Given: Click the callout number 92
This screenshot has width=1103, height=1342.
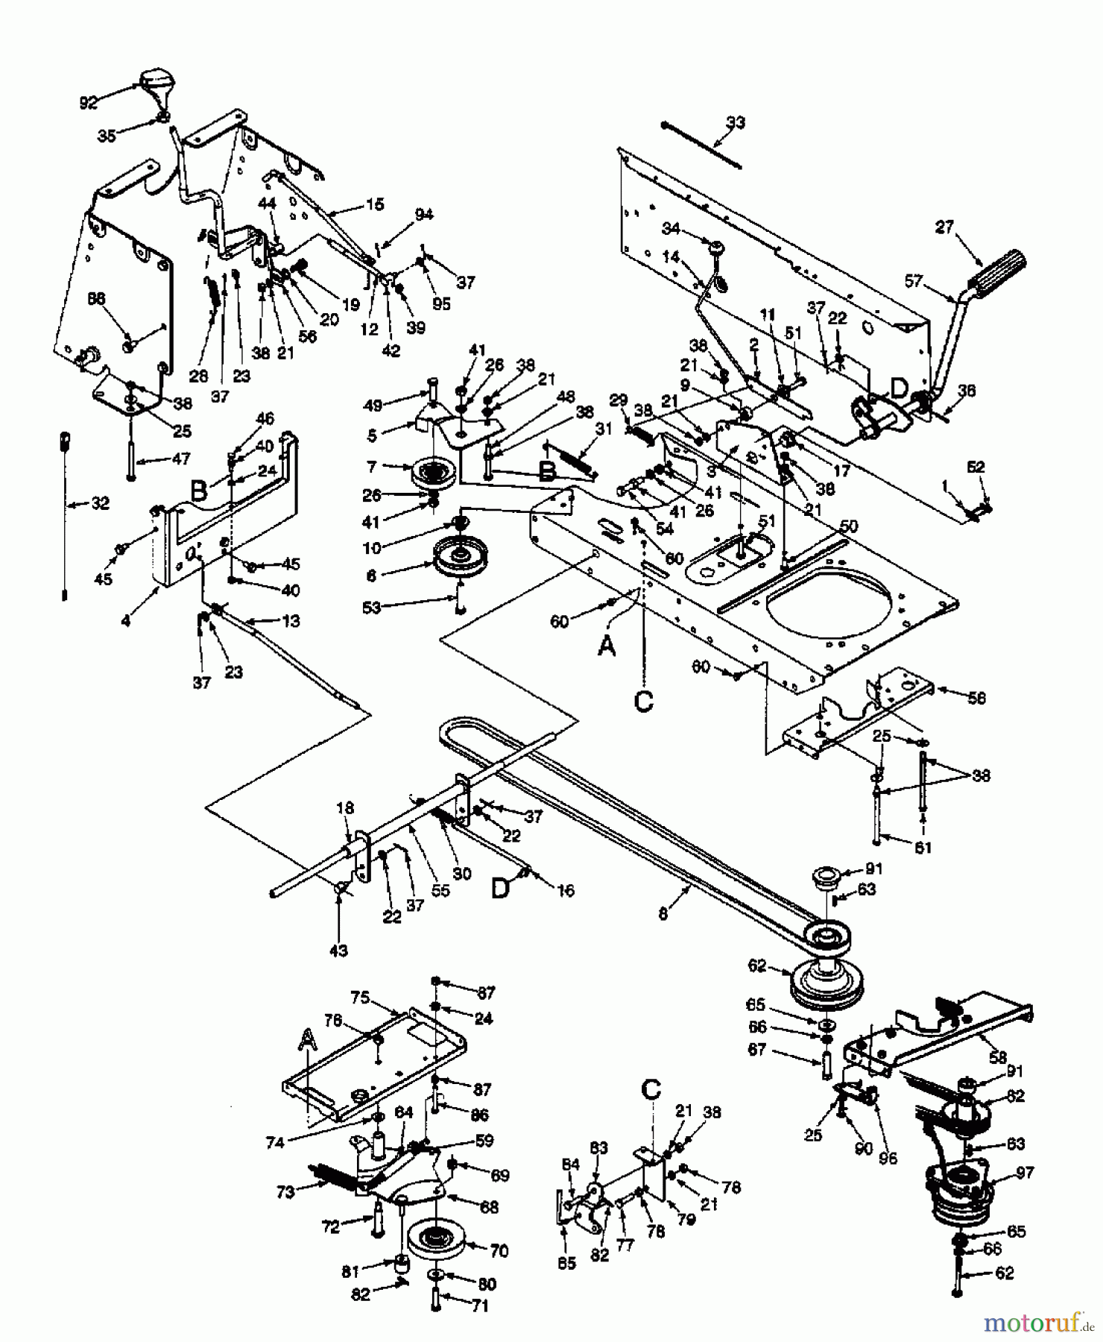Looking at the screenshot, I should pyautogui.click(x=88, y=103).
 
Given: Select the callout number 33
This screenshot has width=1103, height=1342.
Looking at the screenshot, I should pyautogui.click(x=735, y=122).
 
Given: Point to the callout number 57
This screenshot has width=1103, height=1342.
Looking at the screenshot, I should pyautogui.click(x=914, y=282).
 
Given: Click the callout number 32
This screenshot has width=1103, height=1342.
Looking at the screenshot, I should pyautogui.click(x=99, y=503).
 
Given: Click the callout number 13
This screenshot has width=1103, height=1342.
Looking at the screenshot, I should pyautogui.click(x=291, y=621).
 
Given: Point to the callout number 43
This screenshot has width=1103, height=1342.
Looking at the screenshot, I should pyautogui.click(x=339, y=951).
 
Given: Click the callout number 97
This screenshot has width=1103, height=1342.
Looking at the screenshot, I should pyautogui.click(x=1025, y=1174).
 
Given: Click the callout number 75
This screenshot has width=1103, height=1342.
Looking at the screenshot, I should pyautogui.click(x=360, y=998).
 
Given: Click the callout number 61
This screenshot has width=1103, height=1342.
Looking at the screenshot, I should pyautogui.click(x=922, y=848).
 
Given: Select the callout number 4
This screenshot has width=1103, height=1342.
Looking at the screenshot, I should pyautogui.click(x=126, y=620).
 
